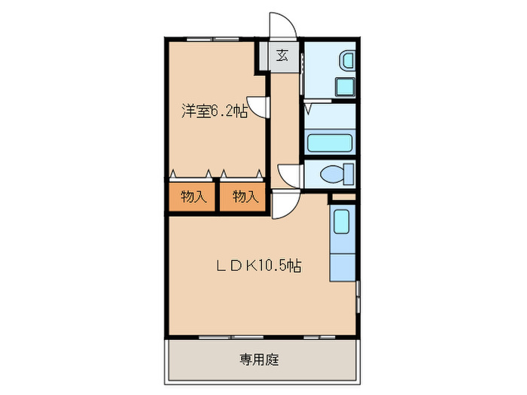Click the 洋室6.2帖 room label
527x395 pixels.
click(214, 111)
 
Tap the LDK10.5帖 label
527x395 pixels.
click(260, 266)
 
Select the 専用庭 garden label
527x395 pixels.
click(260, 360)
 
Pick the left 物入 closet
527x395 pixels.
click(193, 198)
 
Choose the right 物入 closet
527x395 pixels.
click(245, 198)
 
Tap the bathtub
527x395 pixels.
click(330, 143)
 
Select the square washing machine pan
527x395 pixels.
click(346, 86)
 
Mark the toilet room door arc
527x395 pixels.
click(290, 176)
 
